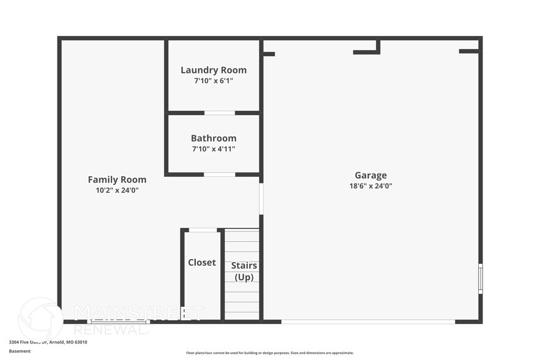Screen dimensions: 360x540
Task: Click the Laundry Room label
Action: (213, 70)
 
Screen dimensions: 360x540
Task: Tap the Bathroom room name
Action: (213, 138)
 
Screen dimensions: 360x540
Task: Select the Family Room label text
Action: (117, 179)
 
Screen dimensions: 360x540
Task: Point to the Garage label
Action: (370, 175)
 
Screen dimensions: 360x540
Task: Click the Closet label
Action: (201, 262)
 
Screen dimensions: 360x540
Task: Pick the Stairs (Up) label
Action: (244, 271)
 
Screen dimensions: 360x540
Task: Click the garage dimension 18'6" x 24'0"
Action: (370, 186)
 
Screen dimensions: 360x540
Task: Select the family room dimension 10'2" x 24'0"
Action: (117, 190)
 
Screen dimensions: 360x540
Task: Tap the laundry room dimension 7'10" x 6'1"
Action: (213, 81)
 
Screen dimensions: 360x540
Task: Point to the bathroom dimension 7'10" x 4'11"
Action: (213, 149)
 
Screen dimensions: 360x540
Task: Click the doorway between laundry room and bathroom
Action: (219, 113)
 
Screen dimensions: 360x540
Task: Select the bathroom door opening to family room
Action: (219, 174)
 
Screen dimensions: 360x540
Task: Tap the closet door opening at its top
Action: (203, 230)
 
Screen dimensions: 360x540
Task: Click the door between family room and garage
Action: (261, 198)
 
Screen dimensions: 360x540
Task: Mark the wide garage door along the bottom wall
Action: (367, 321)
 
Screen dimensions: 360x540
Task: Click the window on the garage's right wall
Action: (480, 279)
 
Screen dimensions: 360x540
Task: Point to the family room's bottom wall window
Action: (118, 321)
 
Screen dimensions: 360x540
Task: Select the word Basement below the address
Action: (19, 351)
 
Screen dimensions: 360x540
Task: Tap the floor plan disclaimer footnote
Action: (269, 353)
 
